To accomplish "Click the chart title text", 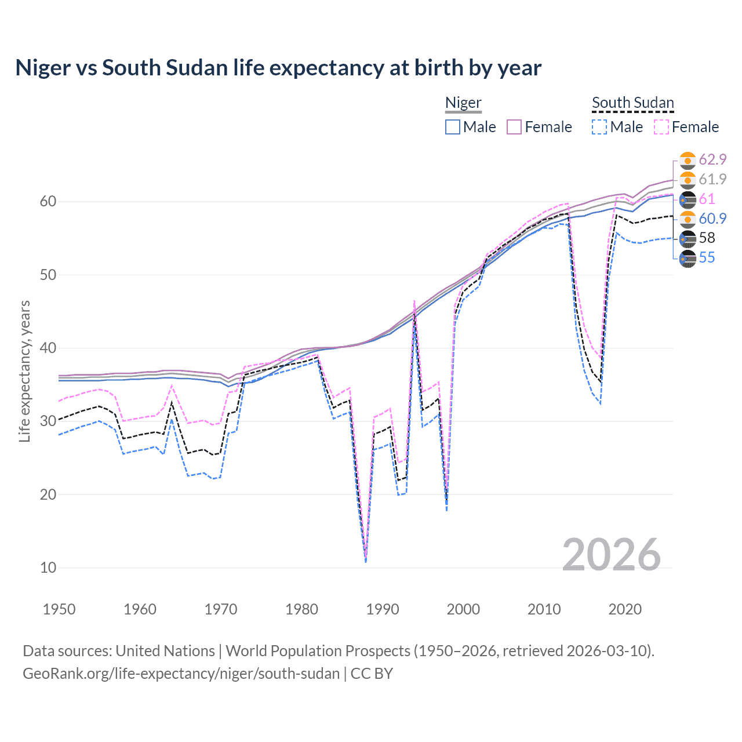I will coord(278,68).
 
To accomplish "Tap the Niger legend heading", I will coord(463,103).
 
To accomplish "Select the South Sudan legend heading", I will coord(632,103).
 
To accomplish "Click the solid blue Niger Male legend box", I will coord(453,127).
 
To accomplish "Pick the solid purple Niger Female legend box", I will coord(515,127).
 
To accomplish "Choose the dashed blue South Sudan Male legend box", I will coord(599,127).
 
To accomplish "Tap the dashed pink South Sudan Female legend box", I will coord(661,127).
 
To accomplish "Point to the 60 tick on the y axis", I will coord(48,202).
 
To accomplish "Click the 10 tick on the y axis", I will coord(48,568).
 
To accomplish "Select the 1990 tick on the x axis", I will coord(383,609).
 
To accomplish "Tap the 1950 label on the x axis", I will coord(59,609).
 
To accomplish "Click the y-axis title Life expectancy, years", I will coord(24,371).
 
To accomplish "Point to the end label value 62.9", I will coord(712,159).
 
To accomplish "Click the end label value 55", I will coord(707,257).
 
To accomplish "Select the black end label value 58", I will coord(707,238).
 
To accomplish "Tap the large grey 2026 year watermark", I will coord(611,555).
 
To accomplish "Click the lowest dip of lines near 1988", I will coord(366,560).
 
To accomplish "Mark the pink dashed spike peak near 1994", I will coord(414,301).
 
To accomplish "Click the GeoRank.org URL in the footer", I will coord(181,674).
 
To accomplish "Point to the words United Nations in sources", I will coord(165,651).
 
